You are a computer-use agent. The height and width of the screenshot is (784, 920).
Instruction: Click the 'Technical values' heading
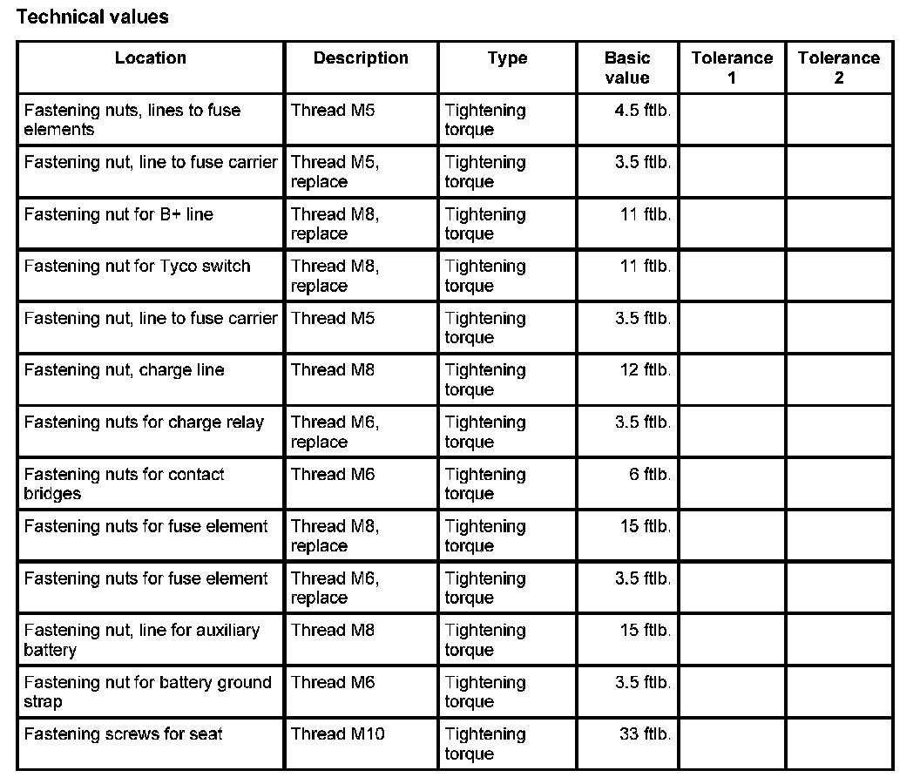click(x=92, y=17)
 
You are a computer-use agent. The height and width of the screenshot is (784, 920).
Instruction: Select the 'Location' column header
click(x=150, y=58)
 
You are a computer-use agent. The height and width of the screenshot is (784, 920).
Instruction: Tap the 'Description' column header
click(x=361, y=58)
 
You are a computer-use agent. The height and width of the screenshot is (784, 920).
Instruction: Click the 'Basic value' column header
click(x=627, y=68)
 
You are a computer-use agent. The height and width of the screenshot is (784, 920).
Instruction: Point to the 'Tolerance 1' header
click(x=732, y=68)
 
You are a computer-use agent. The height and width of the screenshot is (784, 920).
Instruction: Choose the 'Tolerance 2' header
click(x=839, y=68)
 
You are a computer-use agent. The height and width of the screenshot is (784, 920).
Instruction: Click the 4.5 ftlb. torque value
click(x=643, y=111)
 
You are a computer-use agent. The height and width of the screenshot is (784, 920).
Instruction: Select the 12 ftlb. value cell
click(x=645, y=370)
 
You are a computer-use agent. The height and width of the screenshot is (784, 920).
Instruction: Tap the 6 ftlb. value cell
click(x=649, y=475)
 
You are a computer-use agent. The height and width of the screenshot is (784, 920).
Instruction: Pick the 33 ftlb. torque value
click(x=645, y=734)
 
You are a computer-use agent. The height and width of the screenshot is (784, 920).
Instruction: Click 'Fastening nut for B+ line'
click(x=118, y=214)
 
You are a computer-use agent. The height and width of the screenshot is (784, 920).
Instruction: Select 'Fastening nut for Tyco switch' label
click(x=137, y=267)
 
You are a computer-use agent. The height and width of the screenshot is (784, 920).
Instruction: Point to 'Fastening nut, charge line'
click(x=124, y=370)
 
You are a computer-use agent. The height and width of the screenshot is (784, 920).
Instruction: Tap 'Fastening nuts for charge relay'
click(x=144, y=422)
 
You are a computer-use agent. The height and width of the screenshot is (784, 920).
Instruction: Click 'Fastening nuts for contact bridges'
click(x=124, y=483)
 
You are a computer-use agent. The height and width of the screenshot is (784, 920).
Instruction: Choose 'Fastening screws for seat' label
click(x=123, y=734)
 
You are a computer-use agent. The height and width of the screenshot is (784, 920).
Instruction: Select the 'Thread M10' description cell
click(x=337, y=734)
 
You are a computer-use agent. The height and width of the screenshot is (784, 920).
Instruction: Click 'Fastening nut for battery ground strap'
click(x=147, y=692)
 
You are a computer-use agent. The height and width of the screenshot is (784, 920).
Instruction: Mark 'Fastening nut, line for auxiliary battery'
click(x=141, y=639)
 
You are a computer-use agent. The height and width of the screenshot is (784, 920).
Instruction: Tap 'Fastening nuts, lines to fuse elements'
click(x=132, y=120)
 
